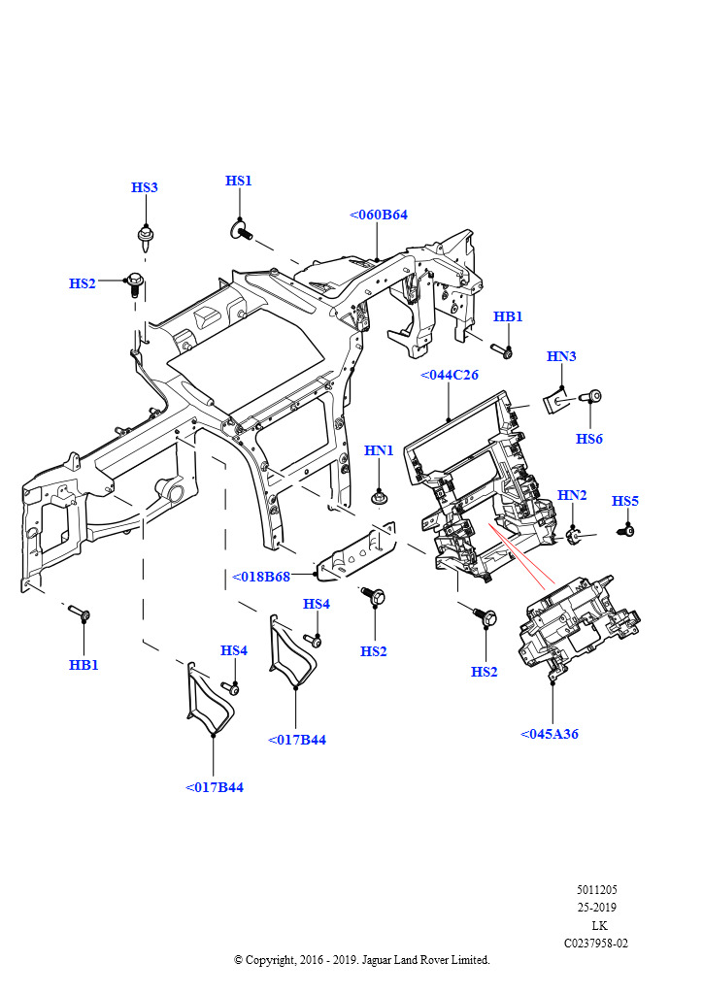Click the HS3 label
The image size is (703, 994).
[145, 187]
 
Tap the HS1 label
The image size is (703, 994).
[239, 181]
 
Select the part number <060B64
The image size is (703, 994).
[378, 215]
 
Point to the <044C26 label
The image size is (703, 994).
[449, 375]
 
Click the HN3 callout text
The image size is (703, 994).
[561, 356]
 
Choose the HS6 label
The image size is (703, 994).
[589, 439]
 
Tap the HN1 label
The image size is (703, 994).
[379, 450]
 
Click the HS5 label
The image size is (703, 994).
[625, 501]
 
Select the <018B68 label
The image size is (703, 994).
[261, 577]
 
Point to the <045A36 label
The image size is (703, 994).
[550, 734]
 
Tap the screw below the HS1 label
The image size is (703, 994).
[240, 231]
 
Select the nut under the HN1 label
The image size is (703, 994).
[379, 498]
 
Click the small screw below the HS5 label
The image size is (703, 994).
[627, 530]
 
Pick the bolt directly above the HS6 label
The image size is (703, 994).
[591, 396]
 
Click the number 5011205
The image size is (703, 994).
[596, 889]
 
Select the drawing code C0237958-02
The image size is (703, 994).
[596, 943]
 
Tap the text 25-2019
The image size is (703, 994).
[596, 908]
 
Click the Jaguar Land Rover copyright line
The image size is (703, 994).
[362, 960]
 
